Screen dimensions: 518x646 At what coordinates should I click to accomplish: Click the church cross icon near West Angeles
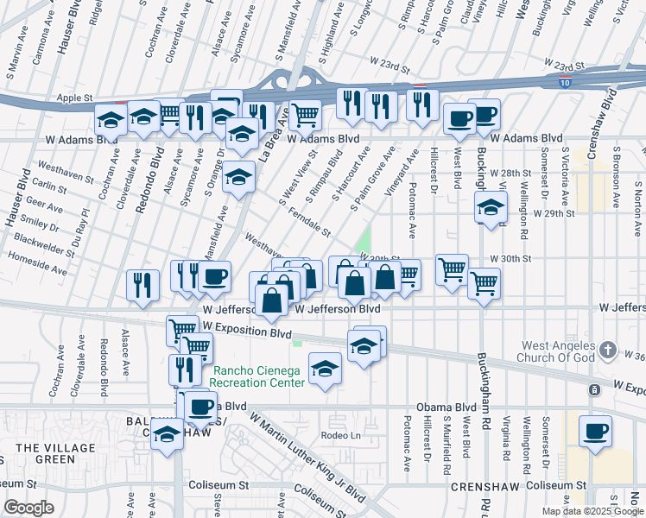point(608,350)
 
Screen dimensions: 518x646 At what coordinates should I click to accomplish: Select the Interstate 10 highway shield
point(565,83)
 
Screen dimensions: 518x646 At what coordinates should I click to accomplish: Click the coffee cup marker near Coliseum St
point(596,431)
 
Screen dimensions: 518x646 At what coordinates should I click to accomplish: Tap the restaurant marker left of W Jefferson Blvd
point(142,285)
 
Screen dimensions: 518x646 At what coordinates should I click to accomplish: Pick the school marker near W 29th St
point(491,207)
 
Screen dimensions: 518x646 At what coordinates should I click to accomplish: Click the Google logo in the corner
point(28,508)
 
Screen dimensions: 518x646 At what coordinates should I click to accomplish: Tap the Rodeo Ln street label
point(338,434)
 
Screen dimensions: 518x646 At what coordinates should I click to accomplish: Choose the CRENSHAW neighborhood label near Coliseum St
point(484,488)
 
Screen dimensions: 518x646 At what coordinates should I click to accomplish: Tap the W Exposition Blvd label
point(245,332)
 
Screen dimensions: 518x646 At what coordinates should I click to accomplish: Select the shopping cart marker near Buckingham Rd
point(484,281)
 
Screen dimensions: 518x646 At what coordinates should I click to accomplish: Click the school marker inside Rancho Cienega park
point(325,369)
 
